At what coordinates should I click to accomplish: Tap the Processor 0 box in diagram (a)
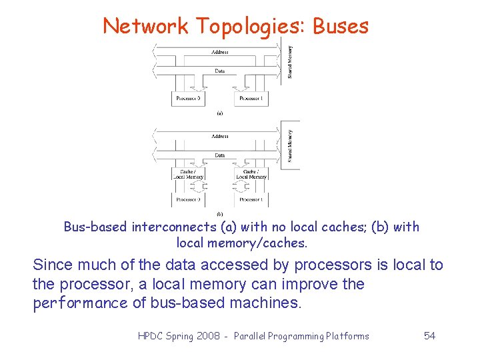pos(188,98)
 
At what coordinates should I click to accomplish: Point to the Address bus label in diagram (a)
pos(220,51)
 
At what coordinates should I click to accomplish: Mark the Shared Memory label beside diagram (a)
pos(290,61)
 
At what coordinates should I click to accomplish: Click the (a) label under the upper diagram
pos(219,113)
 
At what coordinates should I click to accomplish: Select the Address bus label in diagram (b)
pos(220,136)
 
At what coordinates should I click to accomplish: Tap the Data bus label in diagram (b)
pos(220,155)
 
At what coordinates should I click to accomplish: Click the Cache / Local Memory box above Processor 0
pos(188,174)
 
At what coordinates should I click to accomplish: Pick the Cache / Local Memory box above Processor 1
pos(251,174)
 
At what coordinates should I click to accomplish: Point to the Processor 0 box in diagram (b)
pos(188,199)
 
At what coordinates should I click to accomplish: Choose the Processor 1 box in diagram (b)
pos(251,199)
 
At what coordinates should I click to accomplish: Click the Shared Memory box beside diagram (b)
pos(290,145)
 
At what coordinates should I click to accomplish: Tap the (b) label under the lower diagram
pos(219,213)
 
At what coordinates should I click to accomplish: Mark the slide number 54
pos(429,336)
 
